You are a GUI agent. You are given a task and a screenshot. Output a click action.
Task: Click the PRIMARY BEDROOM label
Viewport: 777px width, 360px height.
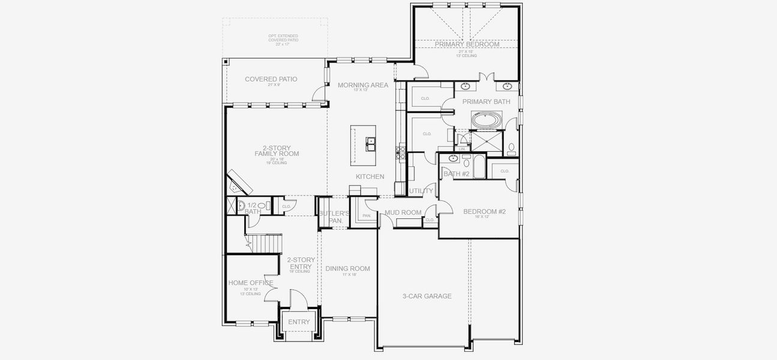pos(467,44)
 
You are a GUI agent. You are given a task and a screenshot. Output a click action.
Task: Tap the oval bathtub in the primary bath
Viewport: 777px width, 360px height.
pos(485,121)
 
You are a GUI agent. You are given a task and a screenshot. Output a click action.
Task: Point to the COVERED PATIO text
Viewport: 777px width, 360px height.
pos(271,79)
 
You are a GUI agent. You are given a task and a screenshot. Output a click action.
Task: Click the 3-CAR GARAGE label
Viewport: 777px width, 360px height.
pos(427,296)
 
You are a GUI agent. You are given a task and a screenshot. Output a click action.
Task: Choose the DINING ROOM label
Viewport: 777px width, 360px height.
pos(347,269)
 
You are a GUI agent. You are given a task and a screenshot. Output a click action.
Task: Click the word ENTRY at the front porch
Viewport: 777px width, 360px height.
pos(299,322)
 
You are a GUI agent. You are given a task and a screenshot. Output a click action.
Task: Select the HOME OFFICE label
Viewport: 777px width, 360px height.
pos(251,283)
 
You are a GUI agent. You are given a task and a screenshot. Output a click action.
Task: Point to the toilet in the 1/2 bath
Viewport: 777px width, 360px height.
pos(262,206)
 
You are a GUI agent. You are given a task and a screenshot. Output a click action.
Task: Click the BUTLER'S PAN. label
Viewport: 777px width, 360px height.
pos(334,217)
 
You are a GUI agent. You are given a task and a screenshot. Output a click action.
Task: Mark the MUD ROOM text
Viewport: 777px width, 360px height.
pos(403,212)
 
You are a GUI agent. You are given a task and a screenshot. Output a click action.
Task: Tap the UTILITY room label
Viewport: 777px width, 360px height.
pos(421,191)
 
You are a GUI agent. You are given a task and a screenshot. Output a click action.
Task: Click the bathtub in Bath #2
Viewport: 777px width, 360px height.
pos(479,167)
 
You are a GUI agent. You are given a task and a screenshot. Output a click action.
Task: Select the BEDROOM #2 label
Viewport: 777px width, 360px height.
pos(484,211)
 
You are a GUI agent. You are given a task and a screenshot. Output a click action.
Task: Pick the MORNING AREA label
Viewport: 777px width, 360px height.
pos(362,85)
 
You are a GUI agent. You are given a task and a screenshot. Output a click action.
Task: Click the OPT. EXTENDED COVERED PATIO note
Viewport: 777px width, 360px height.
pos(283,40)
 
